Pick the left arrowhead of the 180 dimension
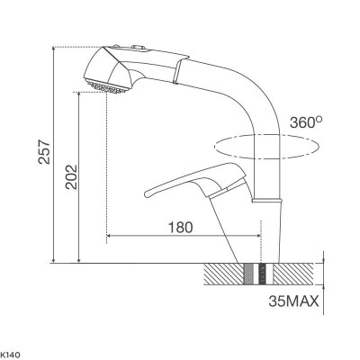click(x=111, y=237)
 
